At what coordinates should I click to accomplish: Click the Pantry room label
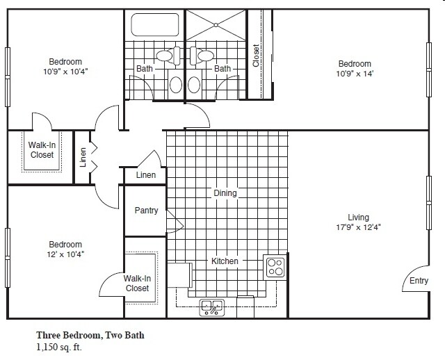(146, 211)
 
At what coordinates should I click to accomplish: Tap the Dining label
(225, 193)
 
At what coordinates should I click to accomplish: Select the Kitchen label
(225, 261)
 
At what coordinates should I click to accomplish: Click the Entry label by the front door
(419, 281)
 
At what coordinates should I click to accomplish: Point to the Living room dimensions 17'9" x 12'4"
(359, 227)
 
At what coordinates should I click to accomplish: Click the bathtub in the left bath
(155, 25)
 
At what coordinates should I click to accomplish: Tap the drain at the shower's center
(216, 25)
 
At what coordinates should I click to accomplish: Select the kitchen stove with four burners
(275, 268)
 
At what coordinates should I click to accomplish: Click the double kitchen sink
(211, 307)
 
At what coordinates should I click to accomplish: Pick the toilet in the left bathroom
(168, 56)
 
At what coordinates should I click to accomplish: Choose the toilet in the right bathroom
(202, 56)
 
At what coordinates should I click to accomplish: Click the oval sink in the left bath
(176, 85)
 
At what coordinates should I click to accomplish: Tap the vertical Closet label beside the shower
(256, 56)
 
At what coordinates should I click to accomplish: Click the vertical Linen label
(83, 157)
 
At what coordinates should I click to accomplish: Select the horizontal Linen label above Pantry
(146, 175)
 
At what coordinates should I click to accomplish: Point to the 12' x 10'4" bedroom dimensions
(65, 254)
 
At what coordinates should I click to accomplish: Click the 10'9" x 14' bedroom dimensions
(355, 74)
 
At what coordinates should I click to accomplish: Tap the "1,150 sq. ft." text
(59, 347)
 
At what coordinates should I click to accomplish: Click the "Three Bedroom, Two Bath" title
(90, 335)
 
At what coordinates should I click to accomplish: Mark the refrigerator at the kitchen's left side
(179, 275)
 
